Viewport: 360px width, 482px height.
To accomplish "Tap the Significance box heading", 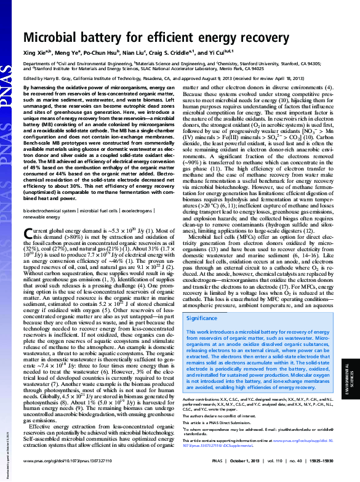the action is (x=202, y=318).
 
